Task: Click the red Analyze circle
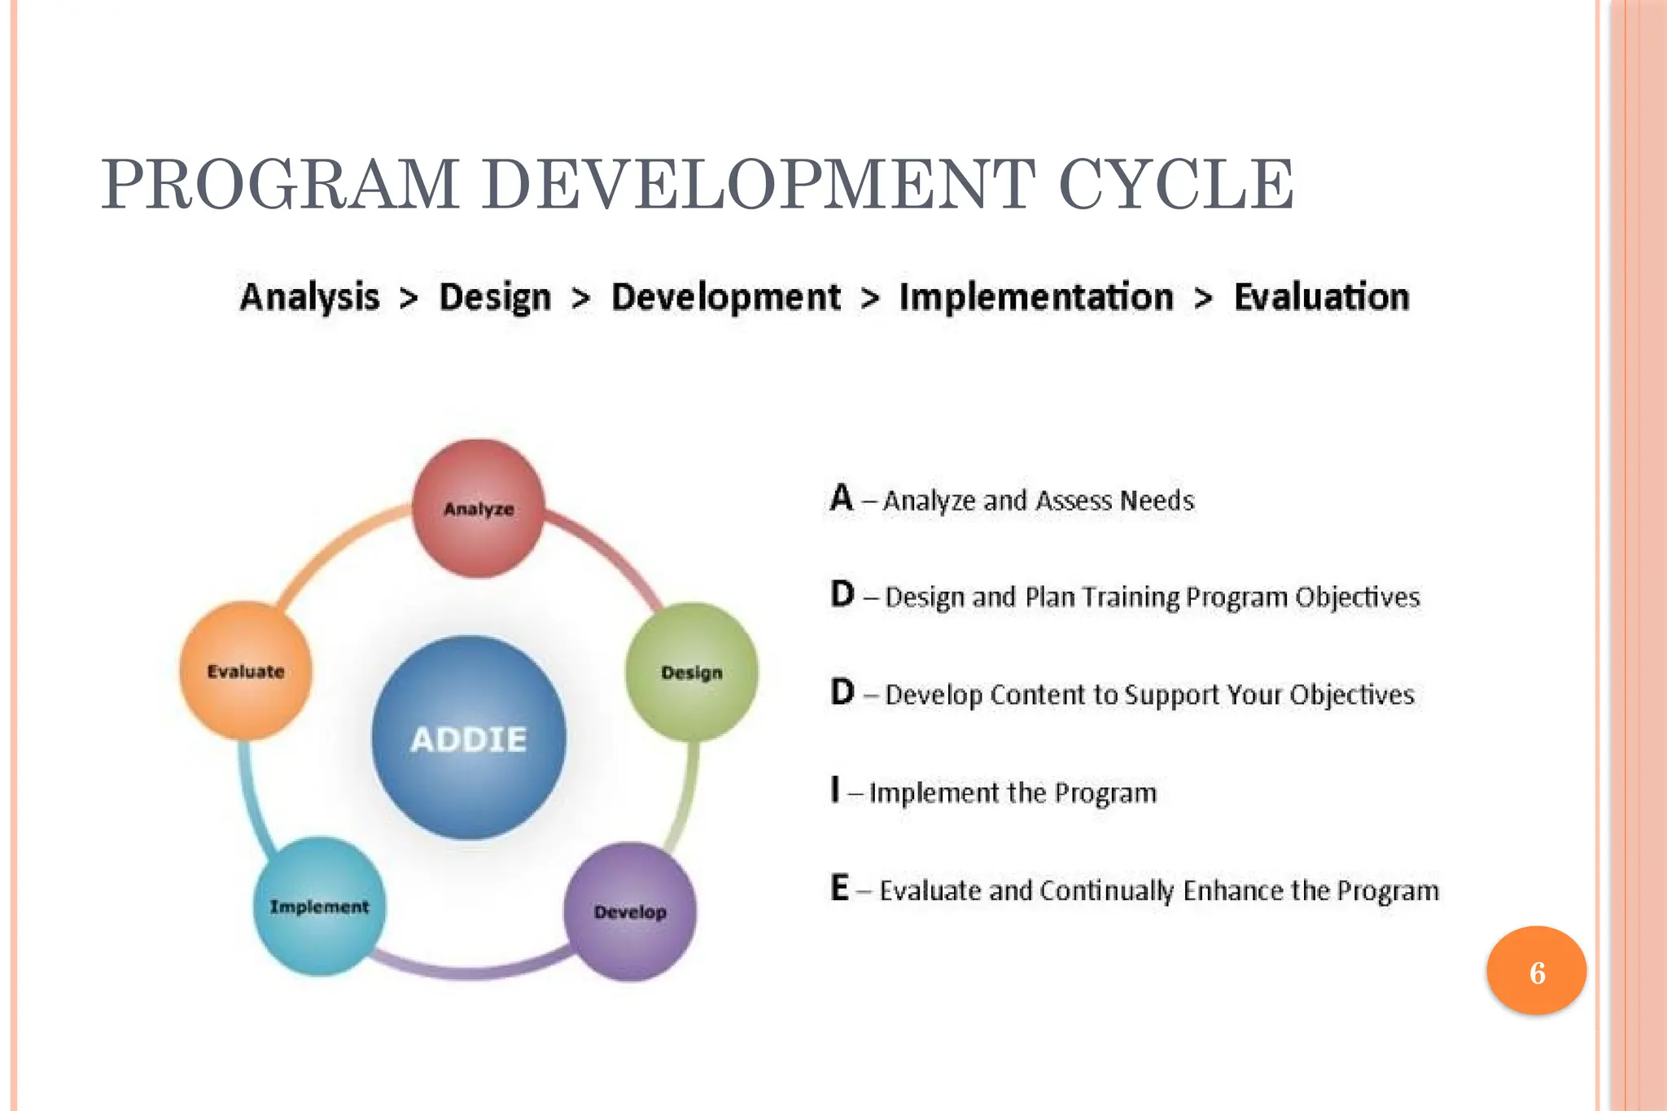[479, 509]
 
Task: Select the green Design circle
[692, 672]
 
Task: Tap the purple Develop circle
[630, 912]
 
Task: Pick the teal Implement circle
[319, 906]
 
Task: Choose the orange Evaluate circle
[246, 671]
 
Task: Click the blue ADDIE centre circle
[469, 738]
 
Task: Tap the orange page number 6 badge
[1537, 971]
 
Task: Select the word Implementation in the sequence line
[1036, 297]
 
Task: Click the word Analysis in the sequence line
[310, 297]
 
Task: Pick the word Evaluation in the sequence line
[1321, 297]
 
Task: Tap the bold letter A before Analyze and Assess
[842, 497]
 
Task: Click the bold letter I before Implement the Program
[835, 790]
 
